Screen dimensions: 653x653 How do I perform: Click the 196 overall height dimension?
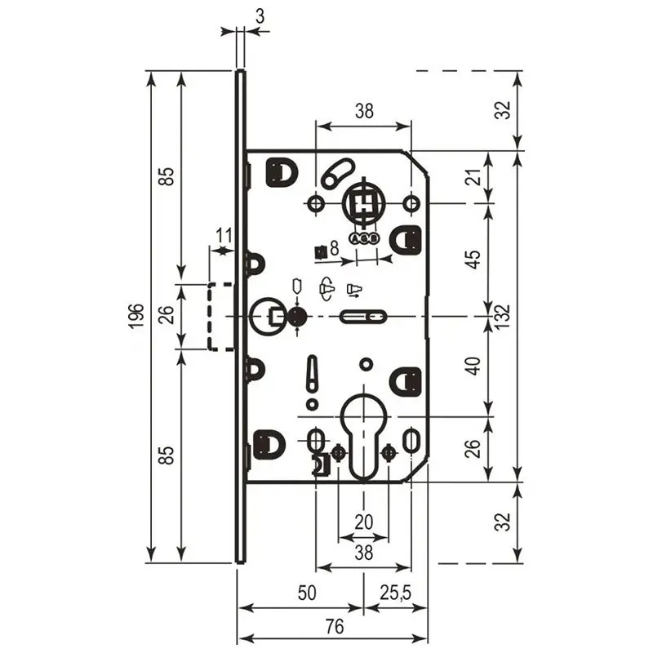click(136, 316)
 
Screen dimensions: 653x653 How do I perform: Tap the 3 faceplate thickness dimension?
click(260, 16)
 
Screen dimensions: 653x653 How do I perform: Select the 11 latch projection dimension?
click(224, 236)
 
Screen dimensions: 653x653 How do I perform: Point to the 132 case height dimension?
click(503, 316)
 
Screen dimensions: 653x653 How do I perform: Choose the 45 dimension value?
click(475, 260)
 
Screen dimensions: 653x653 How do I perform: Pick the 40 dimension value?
click(475, 366)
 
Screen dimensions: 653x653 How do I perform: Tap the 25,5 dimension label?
click(395, 593)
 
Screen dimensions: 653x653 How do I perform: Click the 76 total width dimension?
click(335, 626)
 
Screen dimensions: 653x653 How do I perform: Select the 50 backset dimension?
click(307, 593)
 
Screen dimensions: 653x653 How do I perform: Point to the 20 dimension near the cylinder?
click(363, 522)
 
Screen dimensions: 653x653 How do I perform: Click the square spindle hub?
click(364, 203)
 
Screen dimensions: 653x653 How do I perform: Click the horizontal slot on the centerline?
click(362, 317)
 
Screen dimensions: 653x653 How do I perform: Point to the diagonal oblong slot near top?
click(338, 173)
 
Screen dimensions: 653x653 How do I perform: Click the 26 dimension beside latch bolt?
click(166, 315)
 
